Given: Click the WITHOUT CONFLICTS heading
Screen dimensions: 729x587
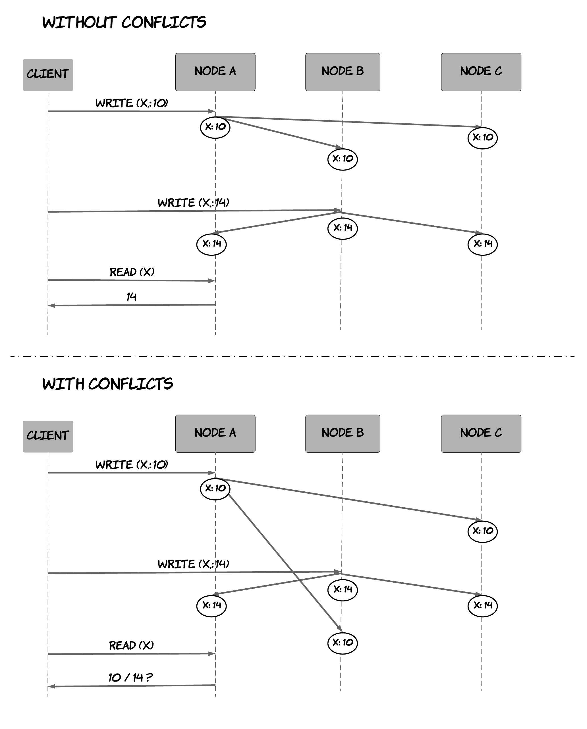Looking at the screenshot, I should pyautogui.click(x=124, y=22).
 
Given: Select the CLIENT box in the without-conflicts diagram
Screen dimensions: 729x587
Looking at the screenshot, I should pyautogui.click(x=48, y=75).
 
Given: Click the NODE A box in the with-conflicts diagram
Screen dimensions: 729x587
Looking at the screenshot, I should pyautogui.click(x=215, y=433).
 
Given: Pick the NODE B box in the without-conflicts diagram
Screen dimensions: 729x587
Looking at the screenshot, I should pyautogui.click(x=343, y=72).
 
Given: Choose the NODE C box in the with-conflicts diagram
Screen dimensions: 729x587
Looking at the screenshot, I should pyautogui.click(x=481, y=433).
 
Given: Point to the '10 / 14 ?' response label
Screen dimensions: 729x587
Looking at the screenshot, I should pyautogui.click(x=130, y=677).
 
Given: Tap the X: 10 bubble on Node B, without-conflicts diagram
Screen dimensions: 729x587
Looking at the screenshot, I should pyautogui.click(x=343, y=159).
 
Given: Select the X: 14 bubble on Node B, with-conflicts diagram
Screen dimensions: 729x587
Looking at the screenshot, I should pyautogui.click(x=343, y=589).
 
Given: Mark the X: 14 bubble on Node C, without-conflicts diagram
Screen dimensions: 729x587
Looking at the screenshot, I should pyautogui.click(x=482, y=244).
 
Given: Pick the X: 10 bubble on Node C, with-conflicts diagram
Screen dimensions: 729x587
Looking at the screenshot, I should pyautogui.click(x=482, y=531).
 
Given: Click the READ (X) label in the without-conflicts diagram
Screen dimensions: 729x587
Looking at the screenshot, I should pyautogui.click(x=132, y=272).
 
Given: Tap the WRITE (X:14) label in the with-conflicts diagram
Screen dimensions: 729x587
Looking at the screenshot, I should pyautogui.click(x=193, y=564).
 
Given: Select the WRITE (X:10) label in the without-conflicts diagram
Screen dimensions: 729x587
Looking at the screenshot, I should pyautogui.click(x=132, y=103).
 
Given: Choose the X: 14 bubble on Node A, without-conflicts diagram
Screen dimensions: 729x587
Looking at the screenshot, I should pyautogui.click(x=211, y=244).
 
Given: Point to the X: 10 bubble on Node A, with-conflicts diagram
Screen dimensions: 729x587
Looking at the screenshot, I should pyautogui.click(x=215, y=488).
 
